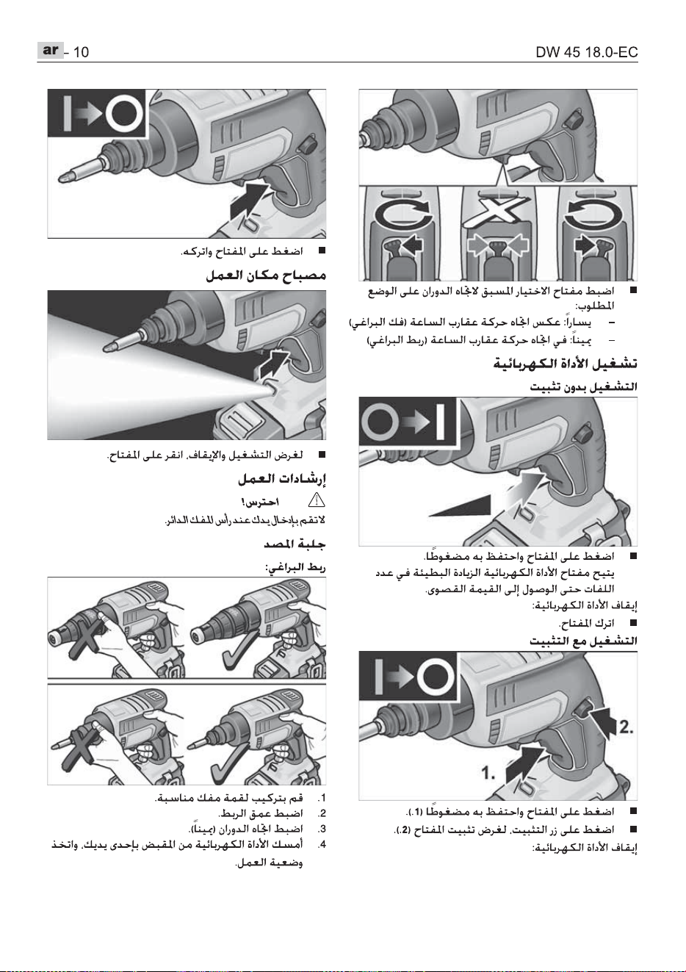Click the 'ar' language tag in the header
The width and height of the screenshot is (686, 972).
[x=51, y=50]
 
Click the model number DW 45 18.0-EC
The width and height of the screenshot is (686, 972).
[x=587, y=52]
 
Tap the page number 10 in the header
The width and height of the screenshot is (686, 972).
[x=81, y=52]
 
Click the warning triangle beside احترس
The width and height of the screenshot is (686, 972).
[x=317, y=501]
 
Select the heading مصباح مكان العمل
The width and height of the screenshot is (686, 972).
[x=266, y=276]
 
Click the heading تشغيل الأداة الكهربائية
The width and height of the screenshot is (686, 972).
[x=566, y=364]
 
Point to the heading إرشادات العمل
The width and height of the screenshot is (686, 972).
[x=282, y=479]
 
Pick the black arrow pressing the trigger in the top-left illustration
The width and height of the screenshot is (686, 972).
[x=249, y=199]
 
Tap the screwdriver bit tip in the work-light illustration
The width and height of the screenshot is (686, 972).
[x=106, y=346]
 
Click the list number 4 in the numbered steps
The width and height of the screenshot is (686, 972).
[x=321, y=844]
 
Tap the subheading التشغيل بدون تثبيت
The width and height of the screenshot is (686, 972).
[x=584, y=386]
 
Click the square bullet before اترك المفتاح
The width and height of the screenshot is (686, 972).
[x=633, y=623]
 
